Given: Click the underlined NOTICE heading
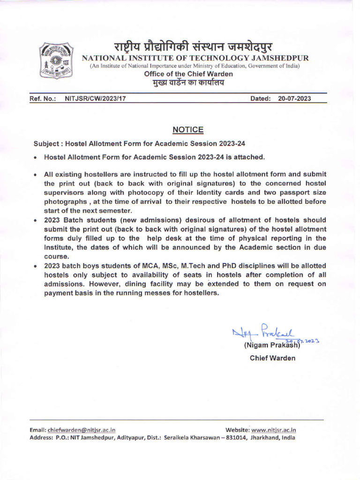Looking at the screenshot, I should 188,129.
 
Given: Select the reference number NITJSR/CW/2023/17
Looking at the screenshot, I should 95,99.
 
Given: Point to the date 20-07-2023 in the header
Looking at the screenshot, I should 294,99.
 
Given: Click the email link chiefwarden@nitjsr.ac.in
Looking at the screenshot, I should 82,429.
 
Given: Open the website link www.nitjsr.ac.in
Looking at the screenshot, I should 274,429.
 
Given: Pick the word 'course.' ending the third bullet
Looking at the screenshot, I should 57,256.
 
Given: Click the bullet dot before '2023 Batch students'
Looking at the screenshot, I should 36,220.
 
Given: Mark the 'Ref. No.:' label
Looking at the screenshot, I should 43,99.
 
